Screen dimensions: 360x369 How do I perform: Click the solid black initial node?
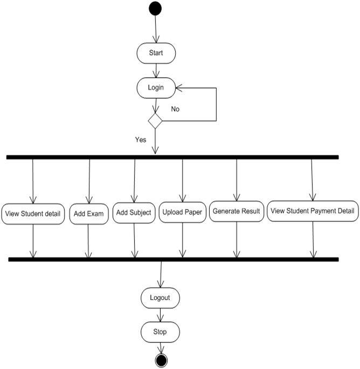155,9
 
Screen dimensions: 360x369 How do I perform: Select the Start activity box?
156,53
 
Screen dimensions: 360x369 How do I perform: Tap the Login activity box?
156,88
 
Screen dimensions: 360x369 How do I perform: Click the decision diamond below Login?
155,121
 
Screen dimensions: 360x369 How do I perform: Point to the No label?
175,109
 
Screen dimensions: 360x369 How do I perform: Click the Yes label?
141,140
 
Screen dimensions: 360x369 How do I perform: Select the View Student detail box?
33,214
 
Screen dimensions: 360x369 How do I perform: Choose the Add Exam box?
89,214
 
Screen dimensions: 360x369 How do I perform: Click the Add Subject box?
134,213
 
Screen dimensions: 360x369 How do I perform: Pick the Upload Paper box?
183,212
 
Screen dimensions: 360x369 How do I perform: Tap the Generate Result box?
237,211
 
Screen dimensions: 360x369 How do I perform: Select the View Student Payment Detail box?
313,211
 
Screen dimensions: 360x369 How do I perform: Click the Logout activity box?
161,298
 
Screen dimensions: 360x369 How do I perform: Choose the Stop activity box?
161,332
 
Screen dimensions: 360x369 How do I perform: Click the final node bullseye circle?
161,360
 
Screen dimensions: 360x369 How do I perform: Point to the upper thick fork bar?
172,157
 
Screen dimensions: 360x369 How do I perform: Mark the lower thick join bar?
174,259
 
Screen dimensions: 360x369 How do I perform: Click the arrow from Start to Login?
156,71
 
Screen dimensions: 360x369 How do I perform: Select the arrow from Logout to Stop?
161,315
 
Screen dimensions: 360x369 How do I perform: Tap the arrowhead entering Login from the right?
178,88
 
